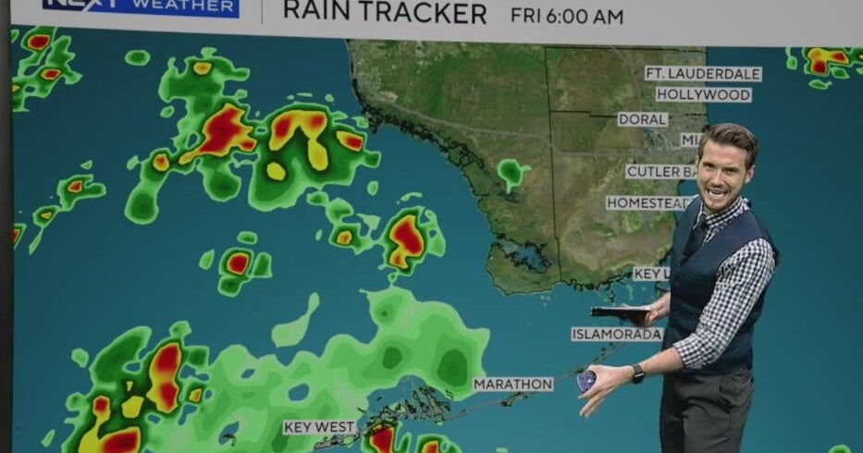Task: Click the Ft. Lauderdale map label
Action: coord(703,74)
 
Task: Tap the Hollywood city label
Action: coord(703,95)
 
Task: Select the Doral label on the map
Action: coord(642,119)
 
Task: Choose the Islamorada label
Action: coord(616,334)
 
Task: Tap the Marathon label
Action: coord(512,384)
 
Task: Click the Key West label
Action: coord(319,427)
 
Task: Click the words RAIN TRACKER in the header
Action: coord(384,13)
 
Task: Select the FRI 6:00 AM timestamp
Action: coord(566,16)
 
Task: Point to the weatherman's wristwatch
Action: coord(638,373)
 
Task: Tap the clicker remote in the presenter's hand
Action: coord(586,381)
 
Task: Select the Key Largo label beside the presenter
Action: coord(650,274)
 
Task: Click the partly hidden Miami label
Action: coord(691,140)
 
